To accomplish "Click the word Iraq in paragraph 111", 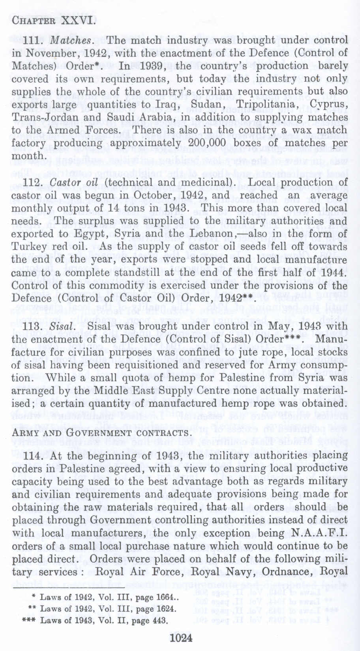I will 174,105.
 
